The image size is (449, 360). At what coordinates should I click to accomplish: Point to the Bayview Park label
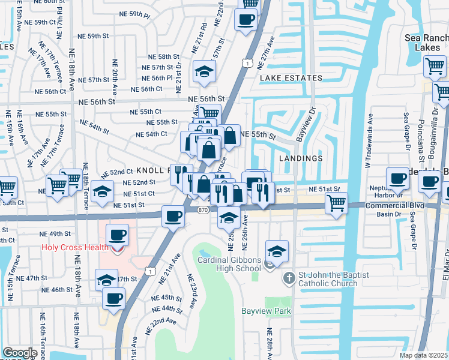coord(266,311)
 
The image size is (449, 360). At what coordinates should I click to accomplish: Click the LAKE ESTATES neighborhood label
coord(291,78)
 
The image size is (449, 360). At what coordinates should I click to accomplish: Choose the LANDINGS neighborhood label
coord(301,158)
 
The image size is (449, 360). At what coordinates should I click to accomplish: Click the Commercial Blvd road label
coord(396,205)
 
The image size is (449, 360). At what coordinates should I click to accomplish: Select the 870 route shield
coord(203,209)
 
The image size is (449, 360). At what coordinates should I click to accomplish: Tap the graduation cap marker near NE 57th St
coord(204,72)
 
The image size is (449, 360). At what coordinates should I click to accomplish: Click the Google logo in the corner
coord(19,353)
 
